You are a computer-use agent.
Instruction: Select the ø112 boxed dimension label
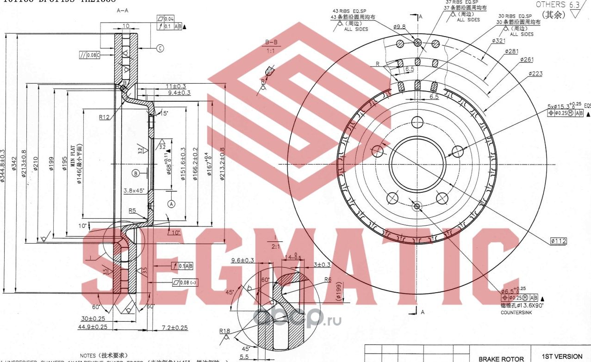click(x=559, y=241)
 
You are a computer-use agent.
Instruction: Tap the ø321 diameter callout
click(x=498, y=41)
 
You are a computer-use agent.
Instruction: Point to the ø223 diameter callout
click(x=535, y=74)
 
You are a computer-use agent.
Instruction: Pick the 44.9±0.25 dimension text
click(x=92, y=327)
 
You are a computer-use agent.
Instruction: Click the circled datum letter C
click(x=160, y=48)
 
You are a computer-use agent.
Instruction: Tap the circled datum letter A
click(x=172, y=203)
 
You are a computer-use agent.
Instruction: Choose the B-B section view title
click(x=271, y=42)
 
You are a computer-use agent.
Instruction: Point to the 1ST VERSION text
click(x=562, y=356)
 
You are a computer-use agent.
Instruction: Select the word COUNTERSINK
click(x=516, y=313)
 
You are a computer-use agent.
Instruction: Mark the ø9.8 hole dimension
click(x=399, y=27)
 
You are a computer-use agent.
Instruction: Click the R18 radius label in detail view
click(x=225, y=331)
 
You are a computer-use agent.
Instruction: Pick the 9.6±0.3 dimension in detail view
click(x=243, y=261)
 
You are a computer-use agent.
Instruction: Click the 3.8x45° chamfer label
click(x=134, y=190)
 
